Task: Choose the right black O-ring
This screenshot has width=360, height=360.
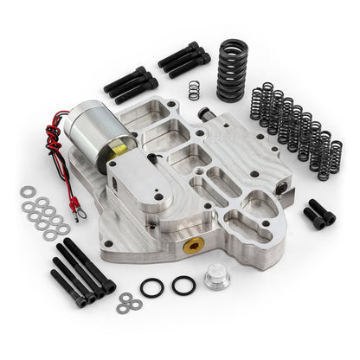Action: click(183, 285)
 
